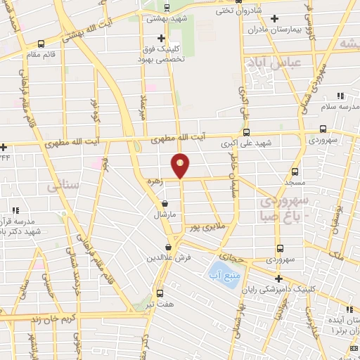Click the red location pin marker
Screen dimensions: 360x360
[x=181, y=165]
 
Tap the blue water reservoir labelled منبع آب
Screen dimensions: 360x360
[x=221, y=270]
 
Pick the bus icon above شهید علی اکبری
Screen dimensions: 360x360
[x=245, y=131]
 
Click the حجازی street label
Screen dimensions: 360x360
[x=231, y=247]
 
